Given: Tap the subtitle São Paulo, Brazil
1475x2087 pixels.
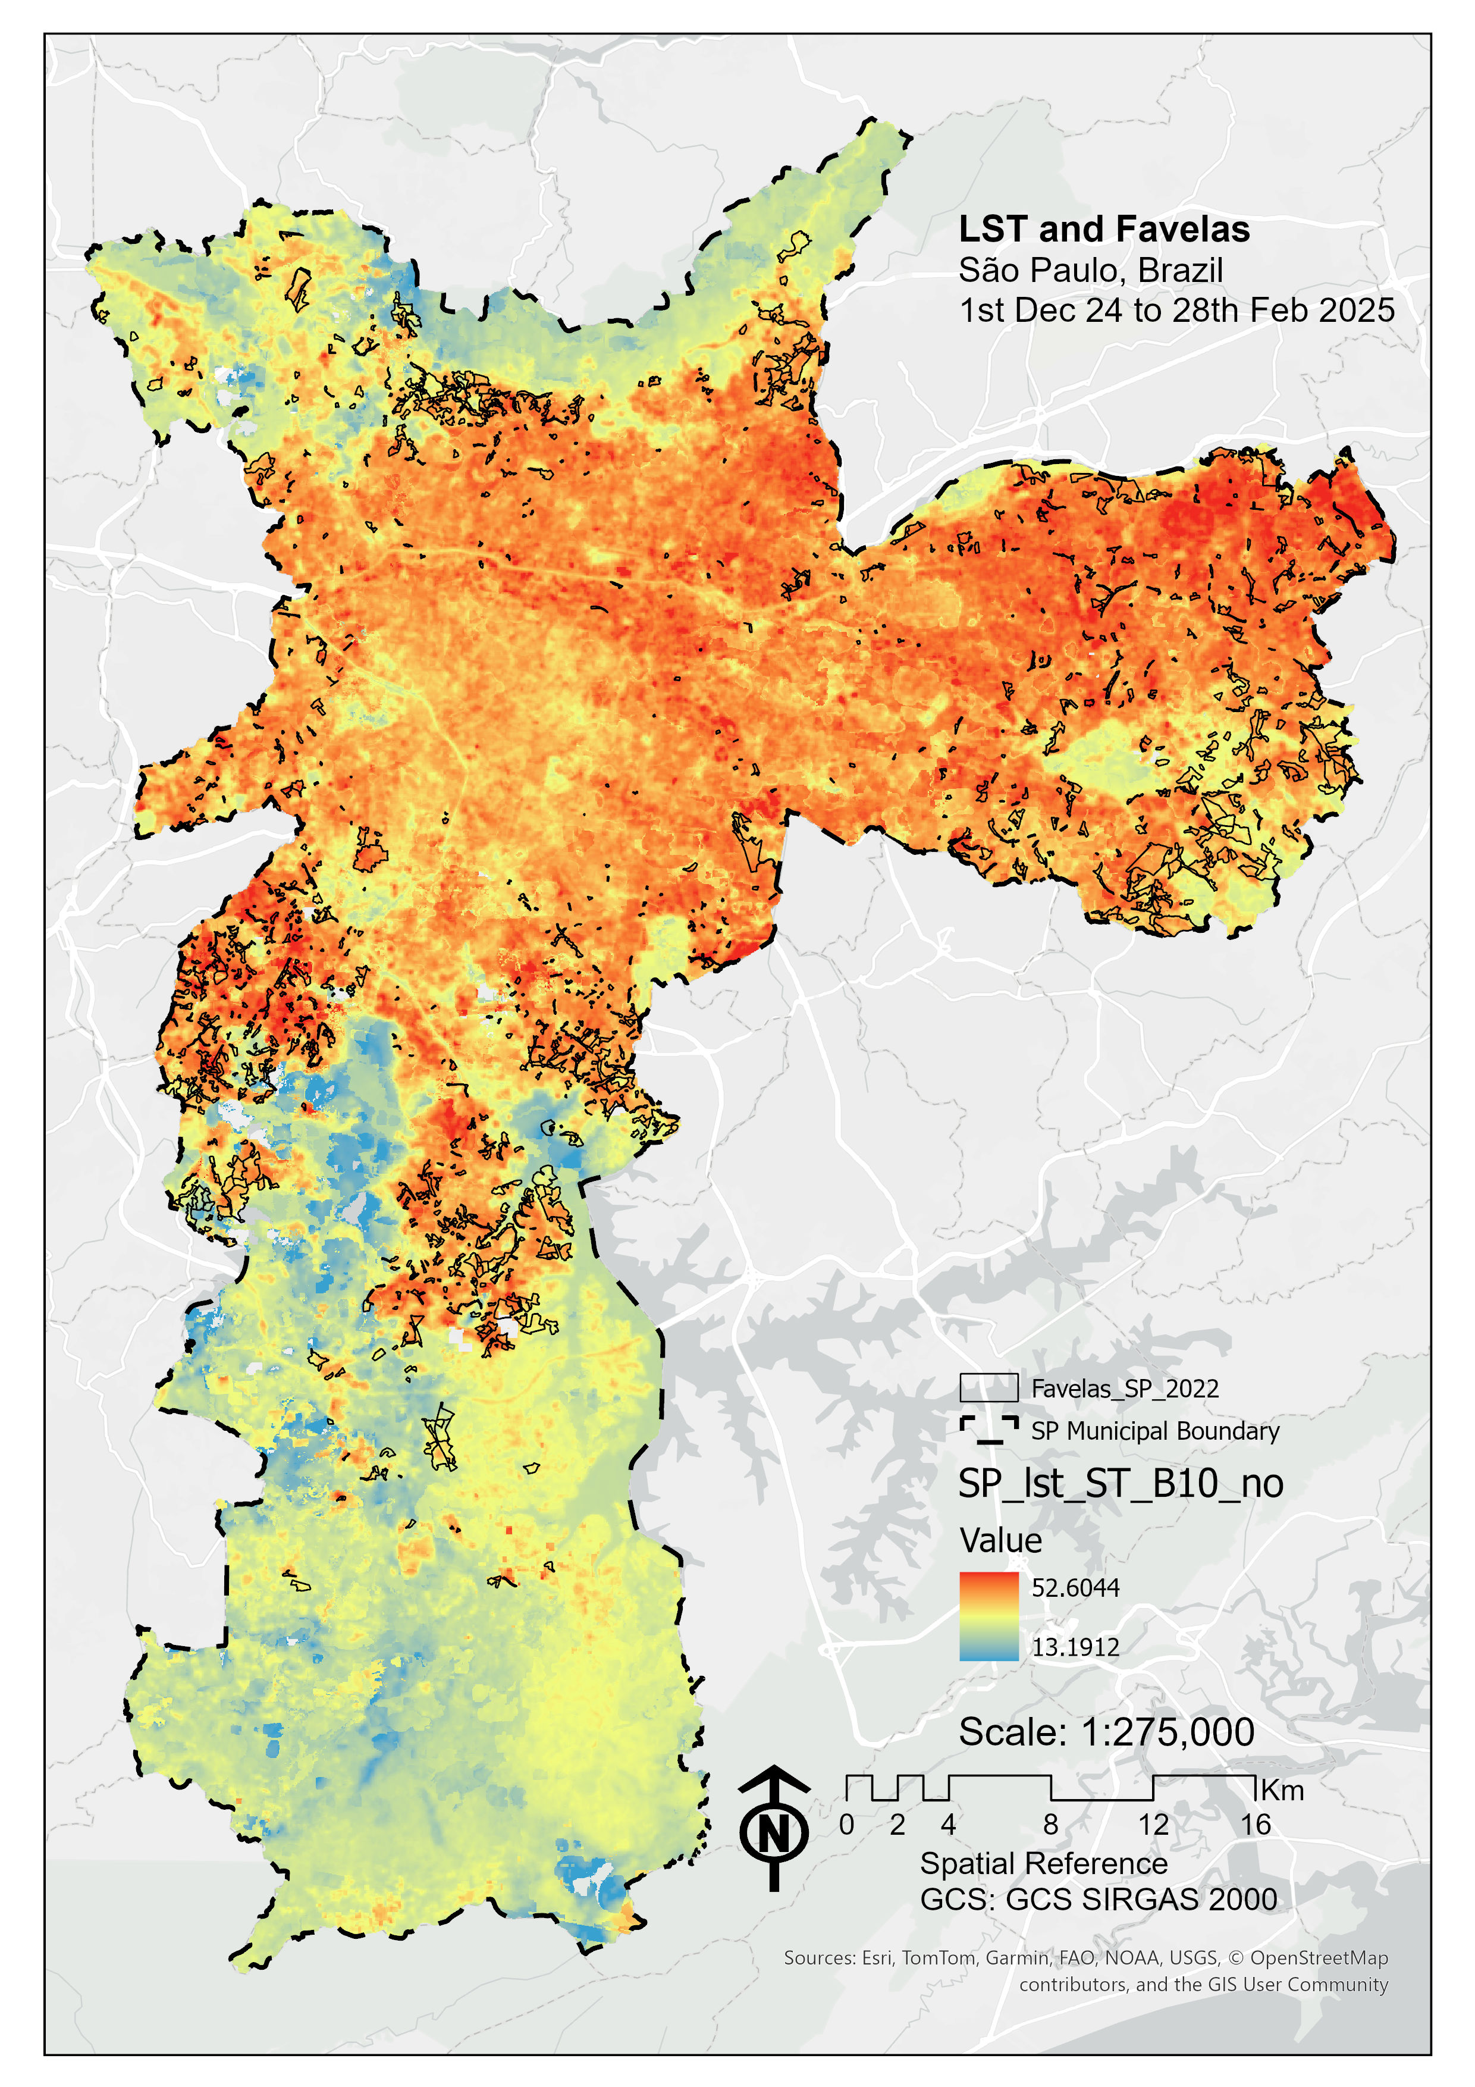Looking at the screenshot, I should click(1091, 271).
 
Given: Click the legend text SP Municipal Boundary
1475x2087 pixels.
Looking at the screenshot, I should click(1154, 1431).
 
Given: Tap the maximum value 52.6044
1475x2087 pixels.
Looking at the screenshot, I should click(1075, 1588).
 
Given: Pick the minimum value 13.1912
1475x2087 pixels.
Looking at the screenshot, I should click(1075, 1647).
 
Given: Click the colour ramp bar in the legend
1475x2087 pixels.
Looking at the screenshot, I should click(989, 1616).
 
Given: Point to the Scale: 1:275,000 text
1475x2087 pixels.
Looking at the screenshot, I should click(1106, 1732).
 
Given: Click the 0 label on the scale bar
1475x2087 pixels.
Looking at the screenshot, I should click(846, 1824).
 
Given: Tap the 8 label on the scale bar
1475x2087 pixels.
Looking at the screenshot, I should click(1050, 1824).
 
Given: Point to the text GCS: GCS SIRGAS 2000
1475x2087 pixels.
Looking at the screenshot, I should click(1098, 1900).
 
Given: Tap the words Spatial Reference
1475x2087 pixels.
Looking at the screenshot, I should click(1043, 1863).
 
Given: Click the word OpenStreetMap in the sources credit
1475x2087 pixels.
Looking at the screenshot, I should click(1319, 1958).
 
